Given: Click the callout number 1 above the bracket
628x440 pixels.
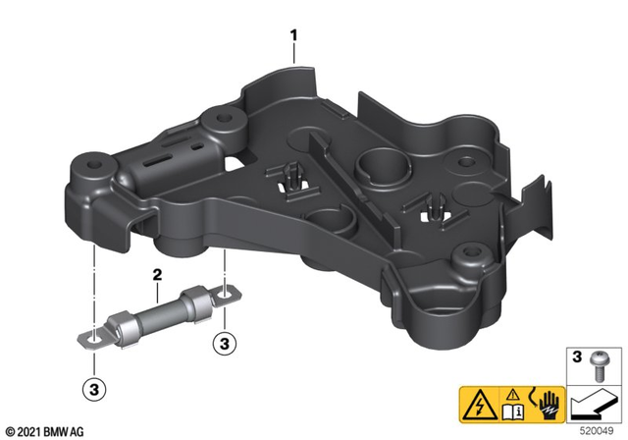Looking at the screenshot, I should [x=293, y=35].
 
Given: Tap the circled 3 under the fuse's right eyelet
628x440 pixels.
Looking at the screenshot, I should [x=224, y=344].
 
